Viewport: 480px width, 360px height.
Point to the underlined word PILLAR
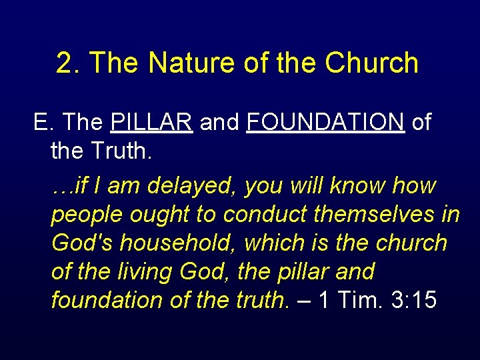[x=152, y=123]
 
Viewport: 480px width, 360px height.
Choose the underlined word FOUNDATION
[x=325, y=123]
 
